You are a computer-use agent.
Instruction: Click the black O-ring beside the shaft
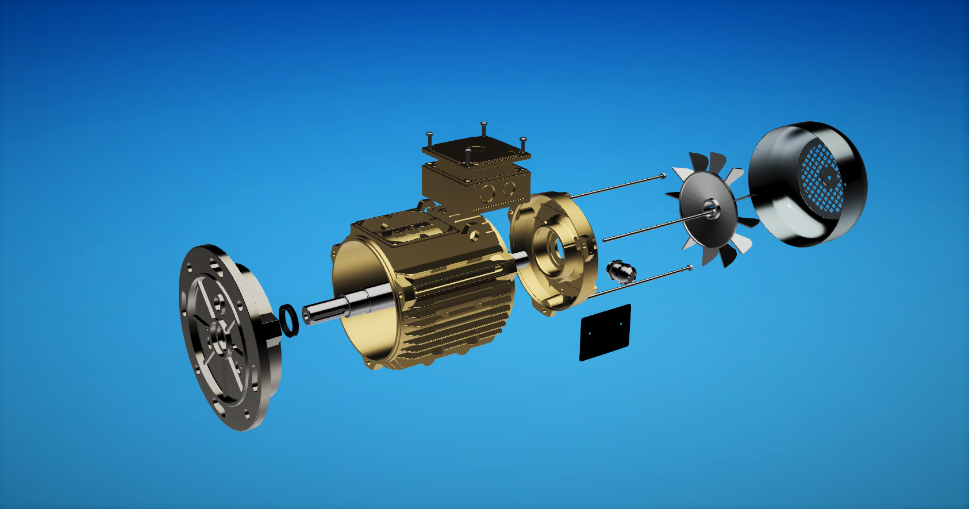[289, 321]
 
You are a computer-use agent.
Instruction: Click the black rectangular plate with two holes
[605, 333]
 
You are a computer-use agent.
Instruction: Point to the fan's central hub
[711, 207]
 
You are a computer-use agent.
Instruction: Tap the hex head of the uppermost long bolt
[664, 175]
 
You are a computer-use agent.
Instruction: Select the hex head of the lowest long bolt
[690, 267]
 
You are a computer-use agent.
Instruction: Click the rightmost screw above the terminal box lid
[523, 141]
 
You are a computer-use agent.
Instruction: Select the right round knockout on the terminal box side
[508, 188]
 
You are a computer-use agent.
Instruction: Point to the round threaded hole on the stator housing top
[475, 234]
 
